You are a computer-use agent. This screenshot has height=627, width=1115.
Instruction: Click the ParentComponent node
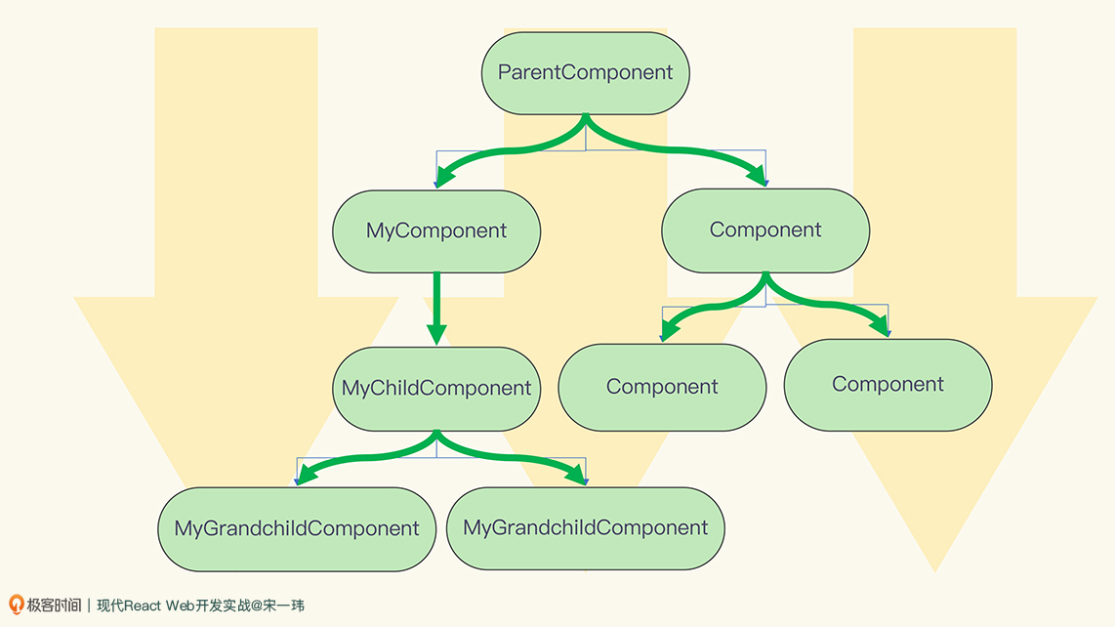585,73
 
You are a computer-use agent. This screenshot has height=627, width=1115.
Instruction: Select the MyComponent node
436,231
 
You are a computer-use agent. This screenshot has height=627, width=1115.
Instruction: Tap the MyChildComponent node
436,389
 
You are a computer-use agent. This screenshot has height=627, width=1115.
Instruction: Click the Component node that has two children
765,230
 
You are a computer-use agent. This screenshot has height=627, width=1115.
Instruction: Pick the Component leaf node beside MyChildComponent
662,387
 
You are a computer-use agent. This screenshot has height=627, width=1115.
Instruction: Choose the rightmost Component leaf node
888,385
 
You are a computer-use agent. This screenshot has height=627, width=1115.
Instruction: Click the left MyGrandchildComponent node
297,528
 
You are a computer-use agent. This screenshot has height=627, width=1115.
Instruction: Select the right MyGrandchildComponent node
585,528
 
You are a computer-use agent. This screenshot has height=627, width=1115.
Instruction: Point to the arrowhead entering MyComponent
444,177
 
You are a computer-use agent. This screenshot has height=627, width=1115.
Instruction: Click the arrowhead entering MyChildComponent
436,334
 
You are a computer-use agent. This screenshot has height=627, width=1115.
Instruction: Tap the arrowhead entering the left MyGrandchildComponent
305,474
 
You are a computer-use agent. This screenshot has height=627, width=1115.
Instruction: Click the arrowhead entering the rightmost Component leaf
881,326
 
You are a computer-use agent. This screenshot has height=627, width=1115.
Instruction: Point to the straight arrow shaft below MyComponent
436,299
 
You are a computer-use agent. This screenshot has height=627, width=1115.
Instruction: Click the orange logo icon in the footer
16,605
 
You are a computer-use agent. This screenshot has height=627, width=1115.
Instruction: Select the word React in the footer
143,606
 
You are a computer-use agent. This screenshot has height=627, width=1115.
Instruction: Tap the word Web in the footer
180,606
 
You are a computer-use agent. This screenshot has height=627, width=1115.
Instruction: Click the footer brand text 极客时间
54,605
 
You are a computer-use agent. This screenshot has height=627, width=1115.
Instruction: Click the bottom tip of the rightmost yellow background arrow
935,571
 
